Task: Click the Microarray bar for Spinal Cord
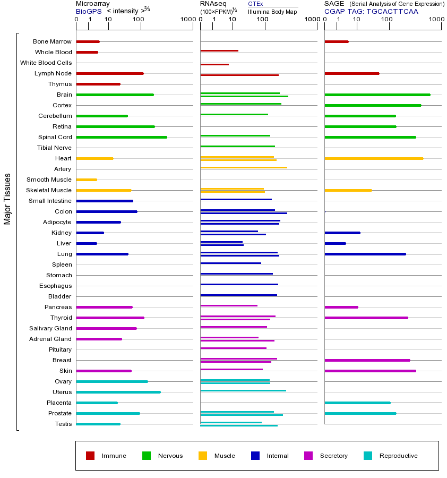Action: [x=122, y=137]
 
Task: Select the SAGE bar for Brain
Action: [x=377, y=95]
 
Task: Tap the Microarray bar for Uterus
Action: [x=118, y=392]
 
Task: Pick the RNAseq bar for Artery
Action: [x=244, y=168]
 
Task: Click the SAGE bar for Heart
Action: [x=374, y=158]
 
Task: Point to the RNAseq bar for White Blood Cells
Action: [x=214, y=64]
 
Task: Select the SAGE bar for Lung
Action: [x=365, y=254]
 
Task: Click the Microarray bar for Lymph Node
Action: [x=110, y=73]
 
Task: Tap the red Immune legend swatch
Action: [x=90, y=456]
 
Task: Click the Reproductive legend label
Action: [x=398, y=456]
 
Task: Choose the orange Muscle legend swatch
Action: [x=203, y=456]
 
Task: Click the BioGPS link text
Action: [x=89, y=11]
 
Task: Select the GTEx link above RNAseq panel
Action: [x=255, y=4]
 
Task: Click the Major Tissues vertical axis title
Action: [x=7, y=199]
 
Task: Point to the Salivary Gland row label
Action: [x=50, y=328]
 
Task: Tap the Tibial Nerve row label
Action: [x=54, y=148]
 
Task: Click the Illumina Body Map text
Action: [x=272, y=11]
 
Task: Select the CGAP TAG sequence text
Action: [x=371, y=11]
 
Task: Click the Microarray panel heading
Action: [x=93, y=4]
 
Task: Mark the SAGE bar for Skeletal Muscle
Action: [x=348, y=190]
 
